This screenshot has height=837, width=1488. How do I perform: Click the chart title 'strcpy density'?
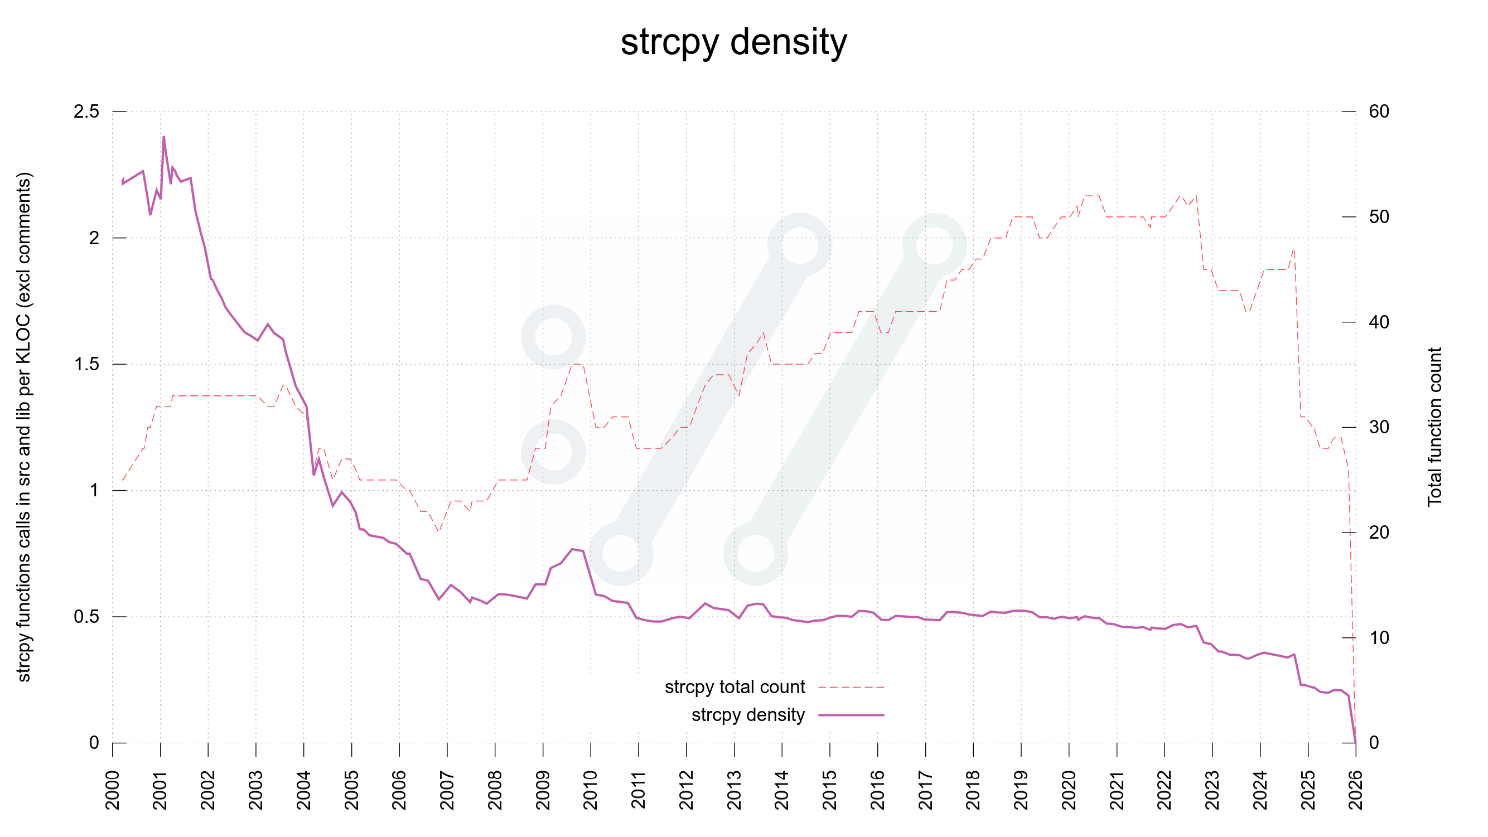[x=733, y=42]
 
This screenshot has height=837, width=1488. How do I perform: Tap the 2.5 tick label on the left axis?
[x=86, y=112]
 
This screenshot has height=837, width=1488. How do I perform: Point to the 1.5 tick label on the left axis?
[x=86, y=364]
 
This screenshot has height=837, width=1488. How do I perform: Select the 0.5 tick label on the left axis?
[x=86, y=616]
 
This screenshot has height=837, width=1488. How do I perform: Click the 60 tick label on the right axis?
[x=1379, y=112]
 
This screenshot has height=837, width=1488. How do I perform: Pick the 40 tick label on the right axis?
[x=1379, y=322]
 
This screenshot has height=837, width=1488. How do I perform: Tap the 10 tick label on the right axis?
[x=1379, y=638]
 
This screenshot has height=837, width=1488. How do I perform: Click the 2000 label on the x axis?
[x=113, y=790]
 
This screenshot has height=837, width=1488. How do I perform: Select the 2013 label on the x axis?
[x=734, y=790]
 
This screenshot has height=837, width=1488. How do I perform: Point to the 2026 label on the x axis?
[x=1356, y=790]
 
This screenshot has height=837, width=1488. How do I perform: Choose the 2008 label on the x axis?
[x=495, y=790]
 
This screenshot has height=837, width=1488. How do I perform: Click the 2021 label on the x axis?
[x=1117, y=790]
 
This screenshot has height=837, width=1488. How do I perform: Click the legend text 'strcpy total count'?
[x=734, y=687]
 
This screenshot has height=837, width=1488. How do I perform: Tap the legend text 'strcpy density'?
[x=748, y=714]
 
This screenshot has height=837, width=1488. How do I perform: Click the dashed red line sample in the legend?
[x=851, y=688]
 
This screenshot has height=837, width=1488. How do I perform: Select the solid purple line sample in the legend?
[x=851, y=715]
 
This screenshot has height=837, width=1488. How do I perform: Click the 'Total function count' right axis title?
[x=1435, y=427]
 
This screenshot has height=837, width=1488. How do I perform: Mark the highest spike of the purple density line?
[x=163, y=138]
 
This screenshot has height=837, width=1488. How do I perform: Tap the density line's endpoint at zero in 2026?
[x=1355, y=742]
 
